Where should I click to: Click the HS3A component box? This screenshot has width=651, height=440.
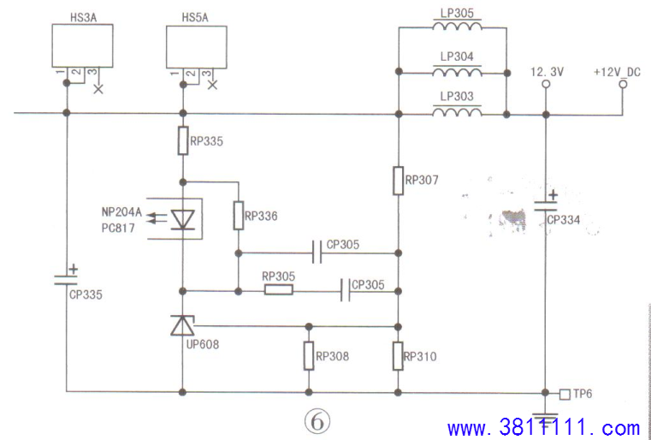[82, 45]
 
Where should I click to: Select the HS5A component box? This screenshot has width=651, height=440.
[197, 46]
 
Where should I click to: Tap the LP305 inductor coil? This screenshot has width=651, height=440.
[457, 27]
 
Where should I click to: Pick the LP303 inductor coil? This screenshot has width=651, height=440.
[457, 111]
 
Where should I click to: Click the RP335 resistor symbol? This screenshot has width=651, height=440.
[183, 140]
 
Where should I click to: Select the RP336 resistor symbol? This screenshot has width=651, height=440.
[239, 215]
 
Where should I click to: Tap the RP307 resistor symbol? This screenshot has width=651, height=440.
[398, 181]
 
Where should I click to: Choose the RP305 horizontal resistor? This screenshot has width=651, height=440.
[279, 290]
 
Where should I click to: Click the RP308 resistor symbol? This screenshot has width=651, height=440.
[309, 355]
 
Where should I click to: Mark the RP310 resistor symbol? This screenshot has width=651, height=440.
[398, 355]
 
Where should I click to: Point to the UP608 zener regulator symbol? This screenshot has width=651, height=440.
[183, 325]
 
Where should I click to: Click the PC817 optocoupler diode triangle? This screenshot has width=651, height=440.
[183, 219]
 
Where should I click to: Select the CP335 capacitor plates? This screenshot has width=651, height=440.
[66, 279]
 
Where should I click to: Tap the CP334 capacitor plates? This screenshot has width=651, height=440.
[546, 205]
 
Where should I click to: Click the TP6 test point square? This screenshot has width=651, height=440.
[565, 394]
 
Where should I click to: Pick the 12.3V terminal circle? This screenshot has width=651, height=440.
[546, 85]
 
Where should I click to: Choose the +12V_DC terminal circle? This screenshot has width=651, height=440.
[623, 85]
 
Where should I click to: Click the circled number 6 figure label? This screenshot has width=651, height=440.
[317, 423]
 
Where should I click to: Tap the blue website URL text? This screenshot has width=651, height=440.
[543, 427]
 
